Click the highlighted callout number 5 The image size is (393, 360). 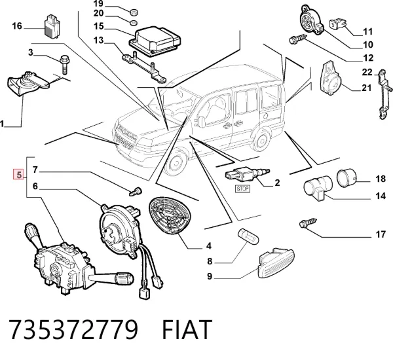(x=19, y=174)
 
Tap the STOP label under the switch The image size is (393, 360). (x=242, y=189)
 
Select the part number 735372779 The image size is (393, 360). (x=73, y=329)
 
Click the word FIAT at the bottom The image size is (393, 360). (x=186, y=329)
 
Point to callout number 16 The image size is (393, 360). (x=17, y=26)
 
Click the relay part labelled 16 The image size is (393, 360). (x=52, y=26)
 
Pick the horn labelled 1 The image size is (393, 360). (x=28, y=84)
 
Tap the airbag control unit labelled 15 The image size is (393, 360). (x=155, y=40)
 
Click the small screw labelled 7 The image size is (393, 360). (x=136, y=191)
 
